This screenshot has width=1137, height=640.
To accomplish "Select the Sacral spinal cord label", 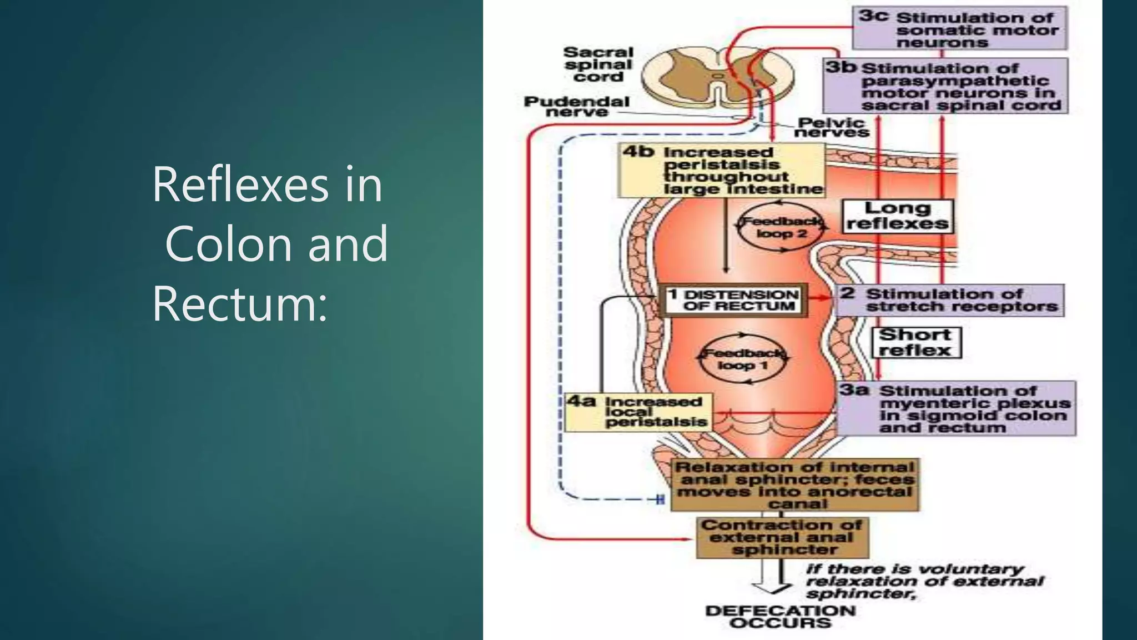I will tap(598, 64).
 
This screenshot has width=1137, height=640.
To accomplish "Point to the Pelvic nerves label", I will tap(831, 127).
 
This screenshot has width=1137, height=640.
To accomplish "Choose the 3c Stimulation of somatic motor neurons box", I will tap(959, 29).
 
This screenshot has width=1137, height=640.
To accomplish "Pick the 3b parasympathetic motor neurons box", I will tap(945, 87).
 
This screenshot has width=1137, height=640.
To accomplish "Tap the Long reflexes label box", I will tap(897, 216).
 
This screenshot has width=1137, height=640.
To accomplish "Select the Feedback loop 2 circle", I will tap(782, 228).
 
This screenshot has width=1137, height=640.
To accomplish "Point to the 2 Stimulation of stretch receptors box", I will tap(950, 301).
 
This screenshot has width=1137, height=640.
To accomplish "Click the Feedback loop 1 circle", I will tap(743, 359).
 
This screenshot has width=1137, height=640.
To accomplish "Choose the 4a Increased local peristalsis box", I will tap(638, 412).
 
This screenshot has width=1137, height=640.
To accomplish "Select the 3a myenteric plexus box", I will tap(956, 408).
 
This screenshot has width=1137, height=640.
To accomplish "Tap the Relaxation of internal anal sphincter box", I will tap(794, 485).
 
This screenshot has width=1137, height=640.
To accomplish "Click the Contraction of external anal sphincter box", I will tap(782, 537).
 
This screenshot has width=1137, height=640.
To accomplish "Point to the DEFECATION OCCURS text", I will tap(780, 617).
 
